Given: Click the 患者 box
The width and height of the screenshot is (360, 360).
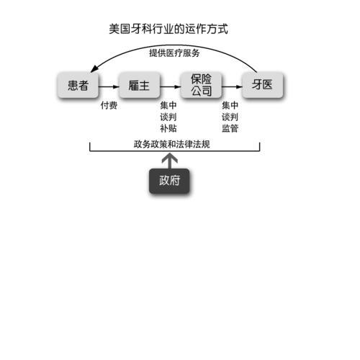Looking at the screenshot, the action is click(x=78, y=85).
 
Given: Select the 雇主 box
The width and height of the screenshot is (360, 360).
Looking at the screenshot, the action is click(x=140, y=85).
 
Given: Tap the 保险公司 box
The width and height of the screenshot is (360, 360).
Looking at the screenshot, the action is click(x=201, y=85).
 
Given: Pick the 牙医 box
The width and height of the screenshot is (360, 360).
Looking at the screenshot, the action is click(x=263, y=85).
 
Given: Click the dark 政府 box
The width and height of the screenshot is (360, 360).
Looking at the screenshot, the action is click(x=169, y=181).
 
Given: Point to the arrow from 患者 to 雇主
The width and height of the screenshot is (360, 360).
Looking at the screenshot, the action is click(x=109, y=86).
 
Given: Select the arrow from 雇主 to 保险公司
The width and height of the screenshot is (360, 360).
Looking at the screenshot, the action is click(x=171, y=86).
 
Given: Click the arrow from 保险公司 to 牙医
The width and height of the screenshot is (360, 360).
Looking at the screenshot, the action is click(x=232, y=86).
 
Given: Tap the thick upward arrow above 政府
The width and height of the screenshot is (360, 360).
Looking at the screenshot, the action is click(x=169, y=161).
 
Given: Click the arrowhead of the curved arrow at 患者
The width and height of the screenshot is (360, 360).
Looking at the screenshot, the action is click(x=94, y=68).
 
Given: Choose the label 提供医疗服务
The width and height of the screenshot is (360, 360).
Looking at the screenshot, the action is click(x=174, y=53).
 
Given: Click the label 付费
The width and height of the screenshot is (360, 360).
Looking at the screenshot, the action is click(x=109, y=105).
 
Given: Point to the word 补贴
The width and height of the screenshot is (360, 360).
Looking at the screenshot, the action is click(x=168, y=128).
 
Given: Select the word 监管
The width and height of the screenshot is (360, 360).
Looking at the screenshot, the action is click(x=230, y=128).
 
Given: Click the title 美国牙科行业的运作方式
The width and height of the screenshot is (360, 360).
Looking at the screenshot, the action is click(x=168, y=29).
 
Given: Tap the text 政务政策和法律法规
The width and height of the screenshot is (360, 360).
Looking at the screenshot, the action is click(x=172, y=144).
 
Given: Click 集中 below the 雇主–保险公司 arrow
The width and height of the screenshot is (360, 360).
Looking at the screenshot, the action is click(x=168, y=105).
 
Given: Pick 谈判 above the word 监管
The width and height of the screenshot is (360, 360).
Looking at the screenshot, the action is click(x=230, y=117).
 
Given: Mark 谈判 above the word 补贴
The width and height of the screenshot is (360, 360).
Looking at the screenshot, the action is click(x=168, y=117).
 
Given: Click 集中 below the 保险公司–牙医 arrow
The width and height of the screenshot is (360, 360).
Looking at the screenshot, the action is click(x=230, y=105).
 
